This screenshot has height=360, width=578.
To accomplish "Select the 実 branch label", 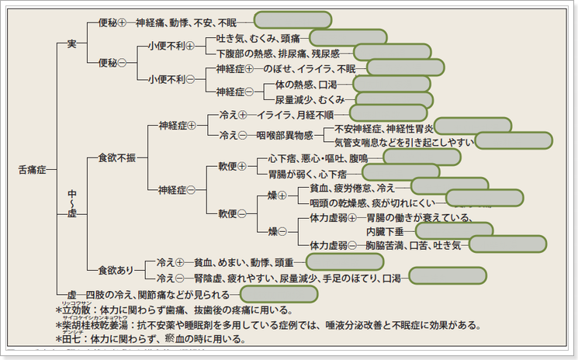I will pyautogui.click(x=71, y=43).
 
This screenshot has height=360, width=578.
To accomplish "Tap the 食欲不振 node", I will pyautogui.click(x=116, y=157).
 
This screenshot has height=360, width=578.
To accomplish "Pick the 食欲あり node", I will pyautogui.click(x=116, y=270).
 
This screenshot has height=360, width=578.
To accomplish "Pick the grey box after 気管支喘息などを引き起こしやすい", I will pyautogui.click(x=513, y=140).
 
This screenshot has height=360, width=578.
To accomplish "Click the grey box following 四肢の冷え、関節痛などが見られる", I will pyautogui.click(x=279, y=294).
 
